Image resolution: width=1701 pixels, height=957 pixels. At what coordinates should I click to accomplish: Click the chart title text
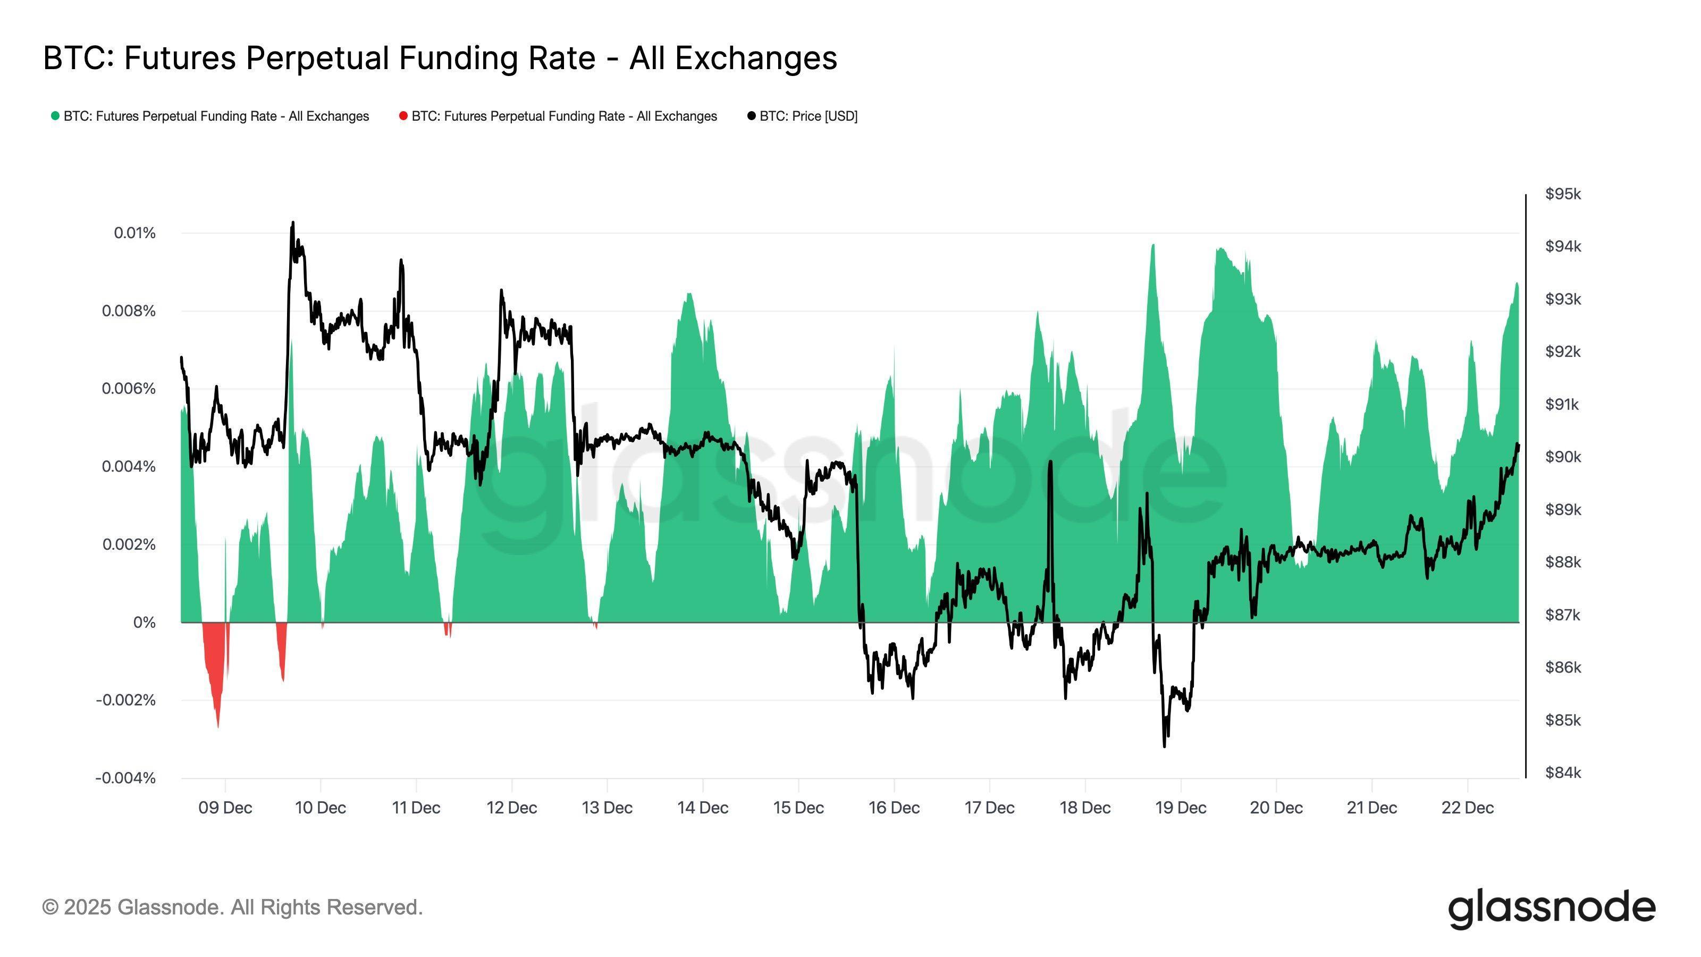pos(440,58)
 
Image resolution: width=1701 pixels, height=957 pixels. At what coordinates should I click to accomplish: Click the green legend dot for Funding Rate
pos(55,116)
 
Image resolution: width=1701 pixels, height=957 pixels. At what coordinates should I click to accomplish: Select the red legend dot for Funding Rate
pos(403,116)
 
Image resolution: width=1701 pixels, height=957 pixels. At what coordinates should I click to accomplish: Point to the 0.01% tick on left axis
pos(134,233)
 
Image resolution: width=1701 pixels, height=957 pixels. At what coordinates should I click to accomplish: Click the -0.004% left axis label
pos(125,778)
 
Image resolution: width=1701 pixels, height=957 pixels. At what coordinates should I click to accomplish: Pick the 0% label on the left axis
pos(144,622)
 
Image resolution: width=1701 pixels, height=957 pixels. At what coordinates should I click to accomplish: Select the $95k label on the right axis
pos(1563,194)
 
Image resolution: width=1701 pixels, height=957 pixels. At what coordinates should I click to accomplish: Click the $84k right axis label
pos(1563,773)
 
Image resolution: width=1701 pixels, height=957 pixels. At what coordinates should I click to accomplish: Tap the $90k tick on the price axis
pos(1563,457)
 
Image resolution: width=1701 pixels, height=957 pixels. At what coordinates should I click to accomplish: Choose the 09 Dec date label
pos(225,808)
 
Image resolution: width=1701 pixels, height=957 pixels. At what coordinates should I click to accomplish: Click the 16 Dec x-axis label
pos(894,808)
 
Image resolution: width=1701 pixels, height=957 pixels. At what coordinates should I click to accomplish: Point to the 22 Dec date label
pos(1467,808)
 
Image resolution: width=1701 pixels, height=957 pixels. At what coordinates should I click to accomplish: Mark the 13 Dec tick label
pos(607,808)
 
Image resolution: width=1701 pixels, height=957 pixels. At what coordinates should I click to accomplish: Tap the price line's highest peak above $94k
pos(292,223)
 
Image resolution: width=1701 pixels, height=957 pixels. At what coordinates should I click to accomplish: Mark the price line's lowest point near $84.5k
pos(1164,745)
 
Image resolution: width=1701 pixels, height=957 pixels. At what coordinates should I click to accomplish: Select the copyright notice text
pos(232,908)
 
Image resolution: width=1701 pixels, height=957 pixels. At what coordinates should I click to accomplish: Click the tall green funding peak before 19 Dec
pos(1153,246)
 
